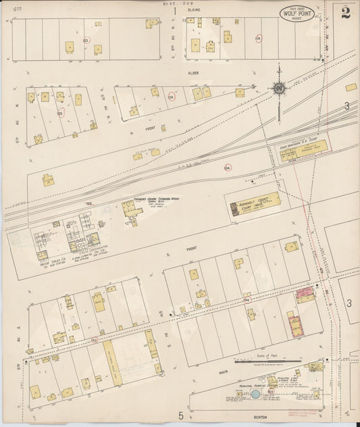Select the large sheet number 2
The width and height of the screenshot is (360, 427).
coord(345,13)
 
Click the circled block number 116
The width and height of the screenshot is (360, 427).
coord(258,39)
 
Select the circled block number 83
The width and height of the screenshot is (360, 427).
coord(86,41)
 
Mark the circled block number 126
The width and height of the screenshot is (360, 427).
coord(171,97)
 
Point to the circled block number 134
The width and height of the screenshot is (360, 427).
coord(227,168)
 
